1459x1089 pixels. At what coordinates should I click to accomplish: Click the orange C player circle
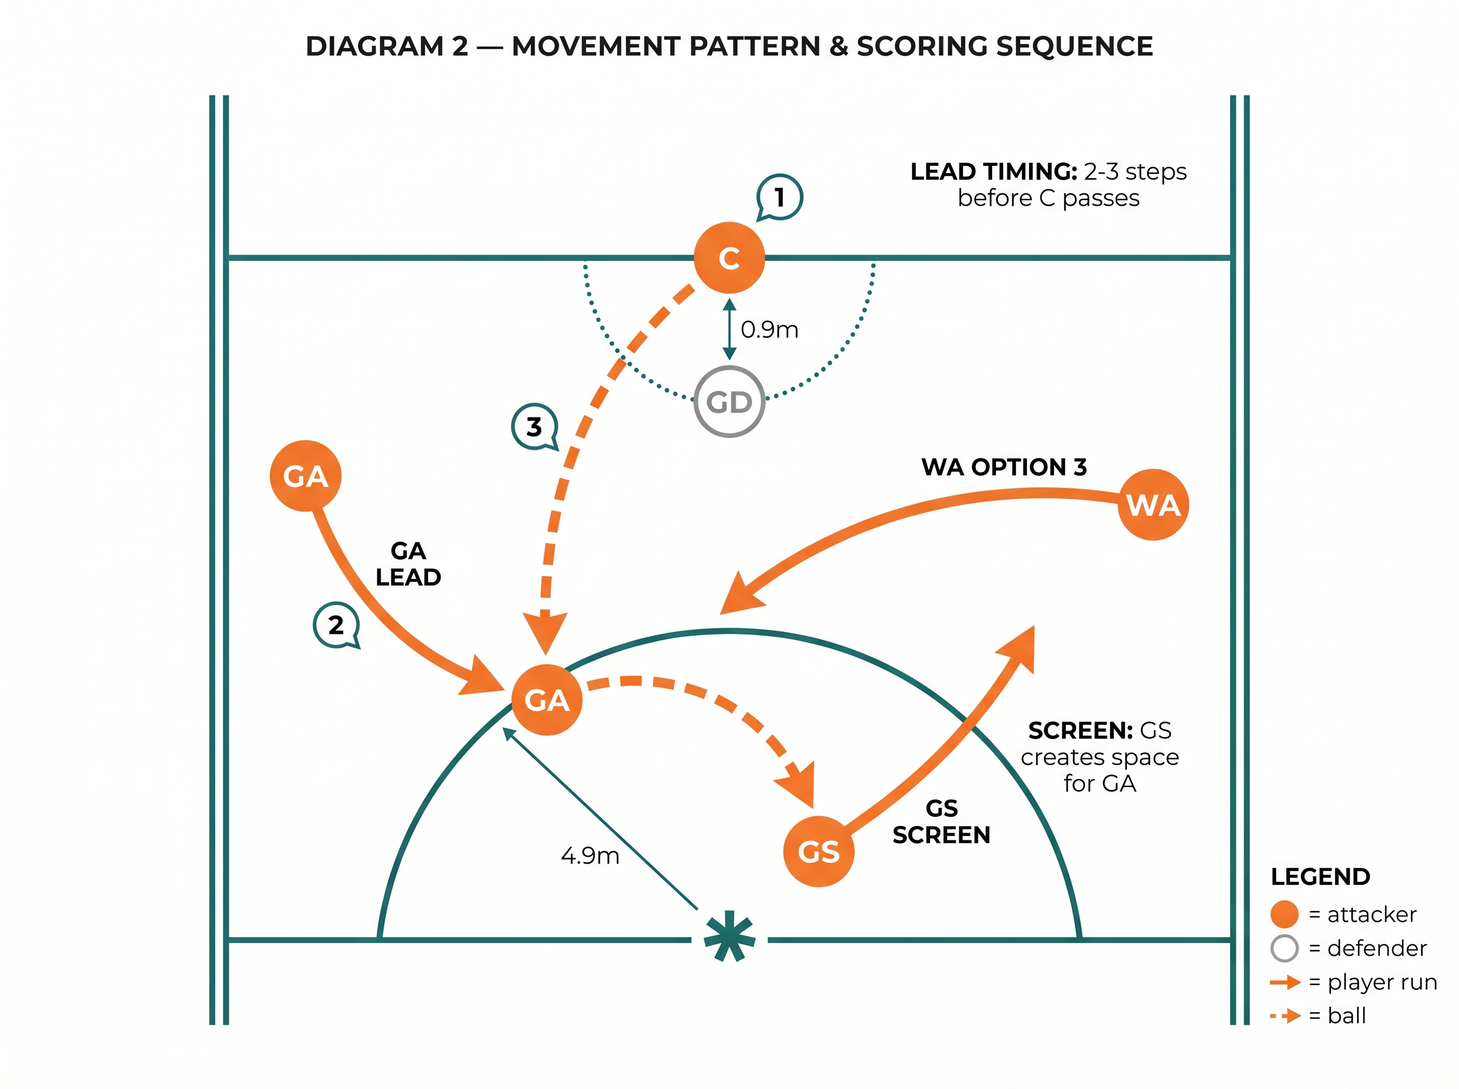(728, 258)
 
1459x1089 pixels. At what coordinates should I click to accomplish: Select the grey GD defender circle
(728, 402)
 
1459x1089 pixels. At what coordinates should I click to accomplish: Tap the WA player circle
(1153, 505)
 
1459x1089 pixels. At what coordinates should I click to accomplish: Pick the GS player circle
(818, 851)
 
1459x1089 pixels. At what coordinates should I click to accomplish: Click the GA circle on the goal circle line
(547, 700)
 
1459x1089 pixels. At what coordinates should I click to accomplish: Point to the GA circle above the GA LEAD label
(305, 476)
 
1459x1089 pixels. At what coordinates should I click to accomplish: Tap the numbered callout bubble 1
(779, 197)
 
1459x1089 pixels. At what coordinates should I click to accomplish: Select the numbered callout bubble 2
(336, 625)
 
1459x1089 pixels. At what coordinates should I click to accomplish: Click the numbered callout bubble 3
(535, 427)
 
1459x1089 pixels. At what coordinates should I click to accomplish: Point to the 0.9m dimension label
(770, 329)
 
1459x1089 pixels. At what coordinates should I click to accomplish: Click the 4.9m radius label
(590, 856)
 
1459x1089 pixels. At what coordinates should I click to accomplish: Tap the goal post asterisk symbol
(729, 936)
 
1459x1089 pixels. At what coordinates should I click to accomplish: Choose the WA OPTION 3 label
(1004, 467)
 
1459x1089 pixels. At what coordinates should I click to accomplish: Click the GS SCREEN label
(942, 822)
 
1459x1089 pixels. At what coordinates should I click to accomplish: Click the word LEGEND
(1320, 877)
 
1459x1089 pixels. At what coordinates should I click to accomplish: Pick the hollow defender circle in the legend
(1284, 949)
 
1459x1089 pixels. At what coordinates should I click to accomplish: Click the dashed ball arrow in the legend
(1285, 1016)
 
